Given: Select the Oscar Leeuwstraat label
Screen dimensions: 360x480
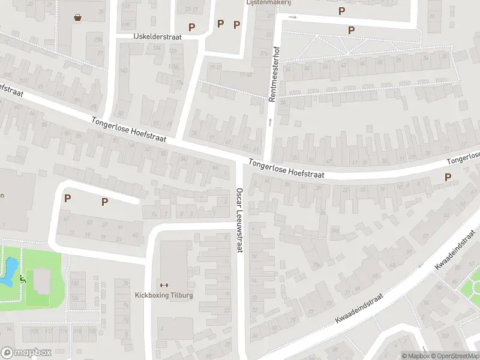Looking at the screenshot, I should pyautogui.click(x=239, y=220).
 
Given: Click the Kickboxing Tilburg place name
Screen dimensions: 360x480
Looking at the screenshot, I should pyautogui.click(x=164, y=295).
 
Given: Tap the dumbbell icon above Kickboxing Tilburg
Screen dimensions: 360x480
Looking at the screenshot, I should pyautogui.click(x=164, y=285).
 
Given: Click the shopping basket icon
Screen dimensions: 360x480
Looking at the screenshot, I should pyautogui.click(x=78, y=17).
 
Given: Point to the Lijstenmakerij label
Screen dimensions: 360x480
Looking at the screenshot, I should pyautogui.click(x=268, y=2).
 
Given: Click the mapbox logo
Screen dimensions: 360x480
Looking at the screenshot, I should pyautogui.click(x=26, y=353).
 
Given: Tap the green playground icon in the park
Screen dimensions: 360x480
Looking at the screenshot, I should pyautogui.click(x=22, y=278).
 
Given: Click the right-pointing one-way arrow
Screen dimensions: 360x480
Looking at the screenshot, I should pyautogui.click(x=293, y=17).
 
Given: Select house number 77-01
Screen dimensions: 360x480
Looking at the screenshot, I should pyautogui.click(x=214, y=67).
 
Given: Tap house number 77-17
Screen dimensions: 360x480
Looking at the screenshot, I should pyautogui.click(x=191, y=10).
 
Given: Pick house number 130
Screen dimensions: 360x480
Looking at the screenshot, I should pyautogui.click(x=75, y=283).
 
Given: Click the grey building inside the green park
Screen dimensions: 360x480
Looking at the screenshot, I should pyautogui.click(x=41, y=281).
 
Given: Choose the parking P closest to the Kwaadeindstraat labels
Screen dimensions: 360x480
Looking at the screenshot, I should pyautogui.click(x=447, y=177).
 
